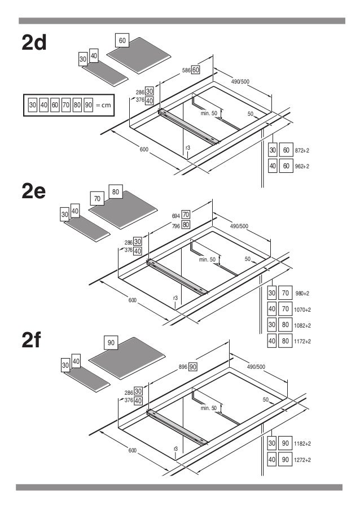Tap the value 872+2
coord(302,150)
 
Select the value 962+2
coord(302,166)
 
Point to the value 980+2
coord(302,293)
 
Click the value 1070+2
coord(302,310)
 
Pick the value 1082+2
coord(302,325)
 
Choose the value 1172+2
coord(302,341)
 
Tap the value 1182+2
coord(302,444)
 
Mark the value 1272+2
coord(302,460)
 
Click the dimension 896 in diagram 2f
coord(183,367)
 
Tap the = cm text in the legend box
coord(103,105)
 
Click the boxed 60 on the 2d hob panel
coord(122,41)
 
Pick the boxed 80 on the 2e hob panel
coord(115,192)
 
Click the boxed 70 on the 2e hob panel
coord(97,199)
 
